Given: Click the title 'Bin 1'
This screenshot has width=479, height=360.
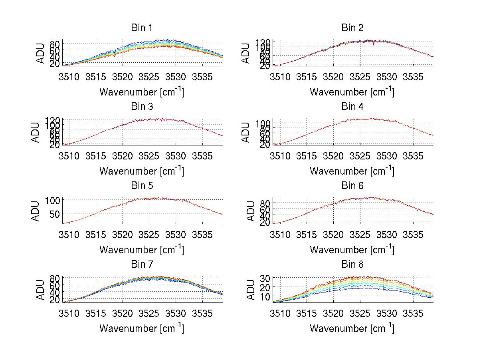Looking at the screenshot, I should (142, 28).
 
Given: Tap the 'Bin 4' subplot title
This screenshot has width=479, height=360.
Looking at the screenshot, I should (352, 107).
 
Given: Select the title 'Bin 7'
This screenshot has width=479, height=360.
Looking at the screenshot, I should (142, 265).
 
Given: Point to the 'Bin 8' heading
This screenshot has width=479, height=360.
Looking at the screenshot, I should (352, 265).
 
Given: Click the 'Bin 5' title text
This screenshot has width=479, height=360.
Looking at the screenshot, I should (142, 186).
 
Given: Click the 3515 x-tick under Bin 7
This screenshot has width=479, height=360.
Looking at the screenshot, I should (96, 313).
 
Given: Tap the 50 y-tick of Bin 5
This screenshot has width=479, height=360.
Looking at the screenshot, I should (55, 213).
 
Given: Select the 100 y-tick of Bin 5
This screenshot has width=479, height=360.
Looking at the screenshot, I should (53, 199).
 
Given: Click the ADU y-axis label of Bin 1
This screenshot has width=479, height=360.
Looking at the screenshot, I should (41, 53).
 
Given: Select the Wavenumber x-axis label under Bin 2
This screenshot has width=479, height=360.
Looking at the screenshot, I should (352, 92).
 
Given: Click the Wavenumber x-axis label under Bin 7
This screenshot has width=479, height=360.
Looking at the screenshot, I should (142, 328).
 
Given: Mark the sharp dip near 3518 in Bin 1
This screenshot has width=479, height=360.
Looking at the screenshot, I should (115, 55).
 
